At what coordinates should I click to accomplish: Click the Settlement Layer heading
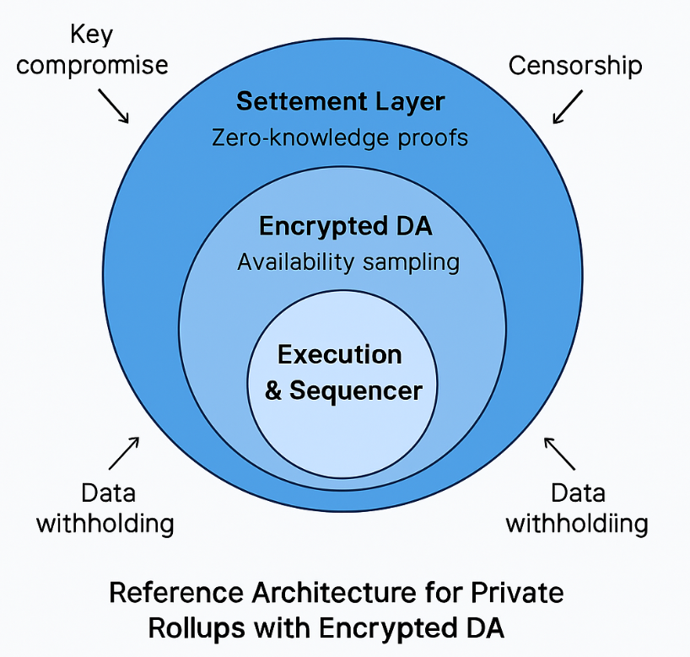[x=340, y=102]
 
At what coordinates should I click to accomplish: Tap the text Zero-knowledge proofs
[x=340, y=137]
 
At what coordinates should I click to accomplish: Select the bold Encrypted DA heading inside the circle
[x=346, y=227]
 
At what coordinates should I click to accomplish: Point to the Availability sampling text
[x=348, y=261]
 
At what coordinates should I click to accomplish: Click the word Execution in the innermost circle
[x=340, y=354]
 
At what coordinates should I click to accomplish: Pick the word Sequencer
[x=355, y=390]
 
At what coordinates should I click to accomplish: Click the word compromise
[x=93, y=65]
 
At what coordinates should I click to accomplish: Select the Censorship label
[x=576, y=65]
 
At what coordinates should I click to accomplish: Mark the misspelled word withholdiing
[x=577, y=523]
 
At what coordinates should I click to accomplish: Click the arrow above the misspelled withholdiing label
[x=559, y=453]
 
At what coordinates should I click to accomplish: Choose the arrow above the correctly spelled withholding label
[x=124, y=453]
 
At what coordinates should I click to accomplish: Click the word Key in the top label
[x=92, y=35]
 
